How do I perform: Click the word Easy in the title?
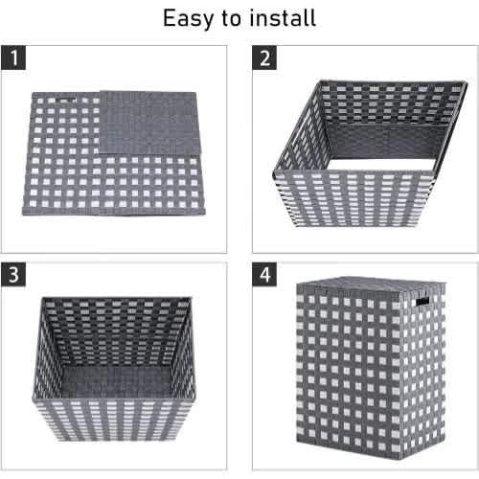coord(188,18)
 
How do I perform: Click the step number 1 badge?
coord(13,57)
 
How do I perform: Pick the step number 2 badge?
coord(264,57)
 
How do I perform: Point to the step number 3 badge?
coord(13,274)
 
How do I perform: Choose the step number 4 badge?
coord(264,274)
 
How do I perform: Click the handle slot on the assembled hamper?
coord(422,301)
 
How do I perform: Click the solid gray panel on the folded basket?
coord(148,123)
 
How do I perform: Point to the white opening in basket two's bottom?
coord(381,165)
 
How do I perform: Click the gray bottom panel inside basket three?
coord(116,381)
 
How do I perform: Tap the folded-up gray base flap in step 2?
coord(386,141)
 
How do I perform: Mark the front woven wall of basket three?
coord(114,420)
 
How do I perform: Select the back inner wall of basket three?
coord(116,332)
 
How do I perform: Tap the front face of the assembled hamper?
coord(348,367)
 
